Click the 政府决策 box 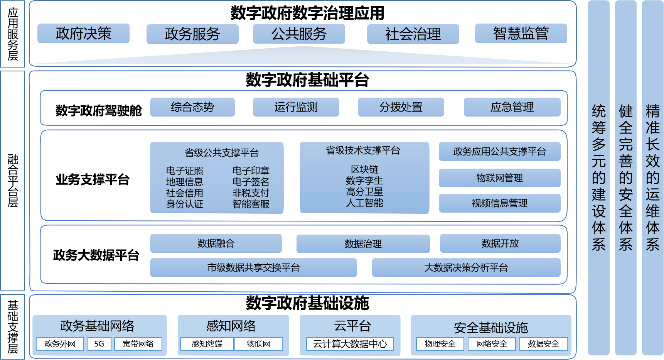pos(83,34)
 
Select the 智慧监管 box pos(521,34)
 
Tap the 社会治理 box pos(413,34)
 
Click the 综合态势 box pos(192,107)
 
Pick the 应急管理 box pos(512,107)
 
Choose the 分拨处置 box pos(401,107)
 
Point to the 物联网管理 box pos(499,178)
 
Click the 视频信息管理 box pos(499,203)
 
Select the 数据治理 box pos(363,244)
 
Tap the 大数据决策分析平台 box pos(466,267)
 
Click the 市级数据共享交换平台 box pos(253,267)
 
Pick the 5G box pos(99,344)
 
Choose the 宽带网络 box pos(138,344)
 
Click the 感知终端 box pos(207,344)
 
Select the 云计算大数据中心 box pos(350,344)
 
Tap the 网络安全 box pos(492,344)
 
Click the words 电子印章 pos(251,171)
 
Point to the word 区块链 pos(364,169)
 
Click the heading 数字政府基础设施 pos(307,303)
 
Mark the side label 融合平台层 pos(13,181)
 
